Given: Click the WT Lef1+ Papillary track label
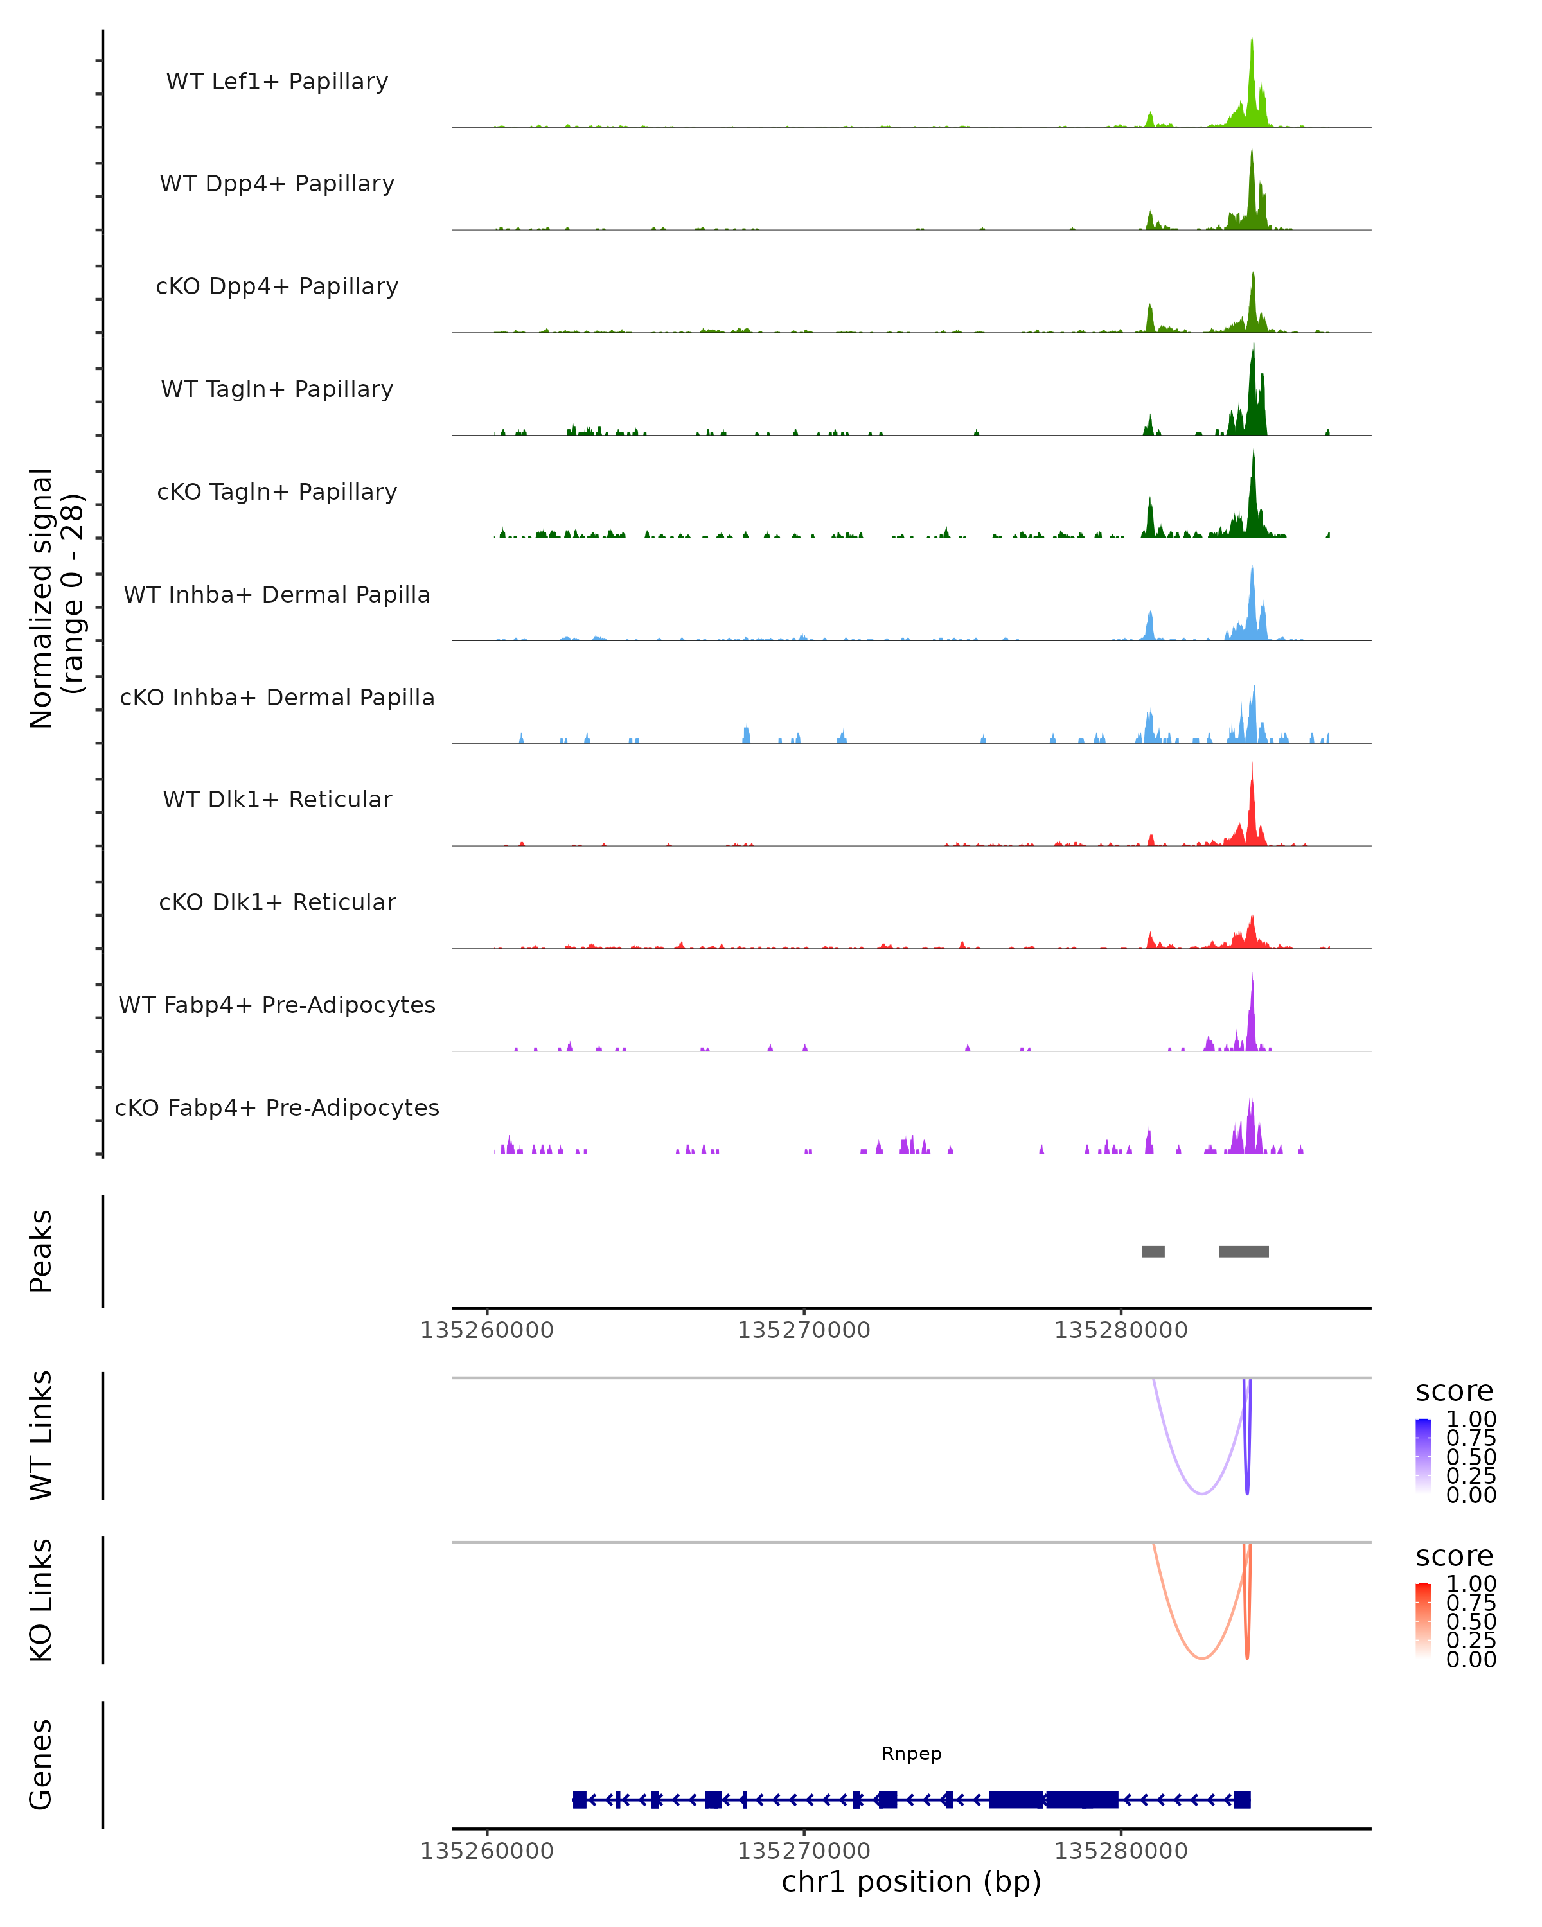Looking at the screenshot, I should [x=277, y=82].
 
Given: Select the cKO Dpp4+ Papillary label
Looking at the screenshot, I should [x=277, y=286].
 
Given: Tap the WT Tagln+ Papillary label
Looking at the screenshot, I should [x=277, y=389].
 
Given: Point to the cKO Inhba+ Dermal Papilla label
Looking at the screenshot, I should [x=277, y=697].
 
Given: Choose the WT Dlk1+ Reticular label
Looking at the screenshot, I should [x=277, y=799].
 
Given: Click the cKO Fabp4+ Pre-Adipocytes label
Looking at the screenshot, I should [x=277, y=1107].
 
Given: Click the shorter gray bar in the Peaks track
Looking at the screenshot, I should [x=1153, y=1251].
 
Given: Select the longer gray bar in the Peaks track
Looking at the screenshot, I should [x=1243, y=1251].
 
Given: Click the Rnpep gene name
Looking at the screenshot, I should [x=911, y=1754].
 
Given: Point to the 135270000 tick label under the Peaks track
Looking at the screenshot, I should [x=804, y=1330].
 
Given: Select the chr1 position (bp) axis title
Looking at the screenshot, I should [x=911, y=1881].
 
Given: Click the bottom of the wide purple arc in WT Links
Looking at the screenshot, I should [x=1202, y=1493].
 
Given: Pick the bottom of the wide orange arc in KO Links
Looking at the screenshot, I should [x=1202, y=1658].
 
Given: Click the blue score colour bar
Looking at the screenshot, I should [x=1423, y=1456].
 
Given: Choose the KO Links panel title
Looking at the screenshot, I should [x=41, y=1600].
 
